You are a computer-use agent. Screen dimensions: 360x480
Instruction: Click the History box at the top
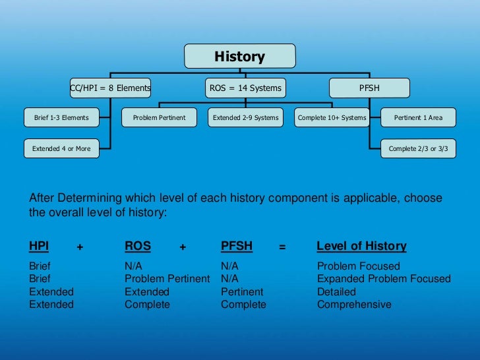click(239, 57)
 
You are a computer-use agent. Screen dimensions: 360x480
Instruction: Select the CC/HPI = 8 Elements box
click(110, 88)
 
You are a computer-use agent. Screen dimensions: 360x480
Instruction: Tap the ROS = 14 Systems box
click(245, 88)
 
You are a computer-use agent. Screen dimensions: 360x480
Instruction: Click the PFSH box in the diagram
click(369, 88)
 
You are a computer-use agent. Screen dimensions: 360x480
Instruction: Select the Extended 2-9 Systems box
click(245, 118)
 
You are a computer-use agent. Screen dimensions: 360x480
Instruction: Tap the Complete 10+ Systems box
click(332, 118)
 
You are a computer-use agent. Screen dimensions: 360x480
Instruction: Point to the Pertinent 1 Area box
click(418, 118)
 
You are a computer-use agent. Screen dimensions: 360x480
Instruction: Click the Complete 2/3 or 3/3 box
click(418, 148)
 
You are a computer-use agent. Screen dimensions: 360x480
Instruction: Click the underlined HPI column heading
click(39, 246)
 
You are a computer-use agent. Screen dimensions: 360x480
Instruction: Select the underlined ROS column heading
click(138, 246)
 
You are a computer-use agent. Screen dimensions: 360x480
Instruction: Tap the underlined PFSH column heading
click(237, 246)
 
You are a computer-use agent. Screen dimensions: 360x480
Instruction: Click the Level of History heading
click(361, 246)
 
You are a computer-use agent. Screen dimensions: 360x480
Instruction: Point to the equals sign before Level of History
click(282, 247)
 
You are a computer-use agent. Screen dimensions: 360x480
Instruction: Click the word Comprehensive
click(354, 305)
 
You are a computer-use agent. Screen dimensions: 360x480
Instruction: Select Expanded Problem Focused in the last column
click(384, 279)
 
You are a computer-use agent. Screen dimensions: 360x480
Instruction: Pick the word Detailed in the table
click(336, 291)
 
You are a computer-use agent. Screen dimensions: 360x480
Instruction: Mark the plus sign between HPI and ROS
click(80, 247)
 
